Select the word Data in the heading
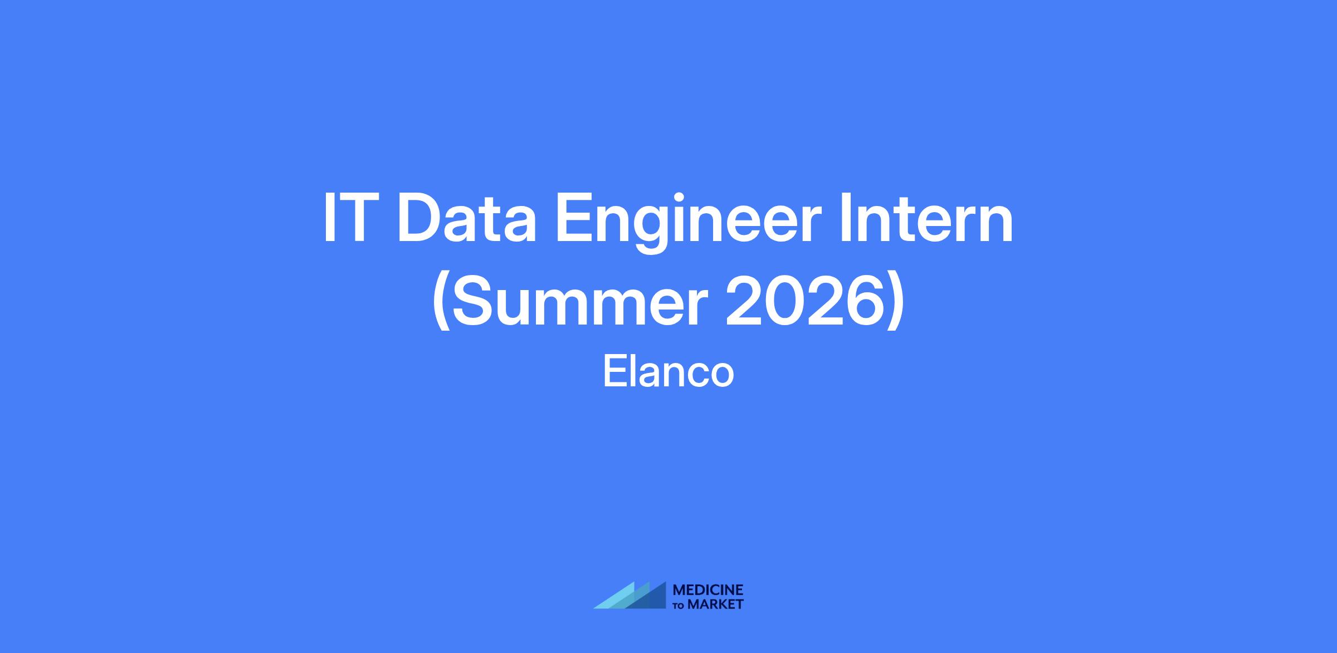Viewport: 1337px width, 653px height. [467, 218]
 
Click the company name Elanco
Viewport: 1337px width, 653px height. [668, 372]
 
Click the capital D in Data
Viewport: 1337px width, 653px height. [420, 218]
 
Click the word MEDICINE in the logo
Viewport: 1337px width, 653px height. [708, 590]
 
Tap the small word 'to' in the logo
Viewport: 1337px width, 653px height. [680, 606]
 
